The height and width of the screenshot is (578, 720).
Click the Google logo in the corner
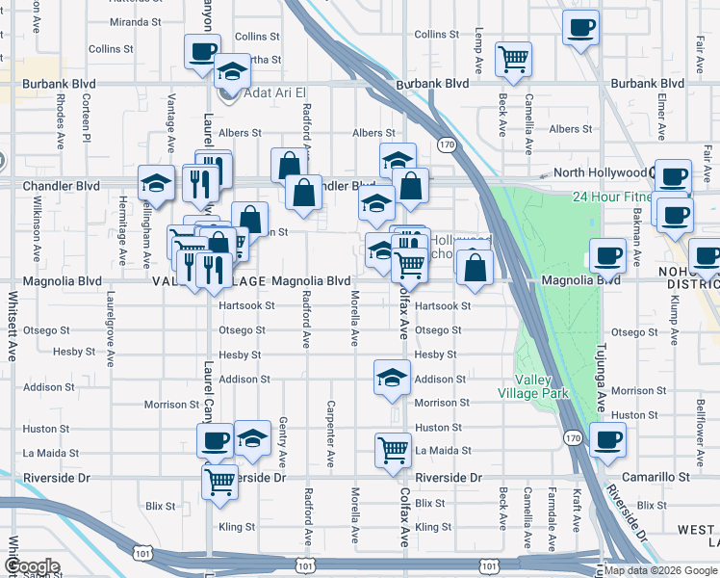pyautogui.click(x=31, y=566)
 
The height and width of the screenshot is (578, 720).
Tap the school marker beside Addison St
pyautogui.click(x=392, y=378)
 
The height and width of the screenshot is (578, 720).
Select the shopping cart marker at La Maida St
pyautogui.click(x=393, y=448)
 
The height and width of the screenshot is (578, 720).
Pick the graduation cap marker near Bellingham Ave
pyautogui.click(x=155, y=182)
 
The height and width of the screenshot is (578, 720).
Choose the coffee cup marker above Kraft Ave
pyautogui.click(x=607, y=438)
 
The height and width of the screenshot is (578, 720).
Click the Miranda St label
pyautogui.click(x=134, y=21)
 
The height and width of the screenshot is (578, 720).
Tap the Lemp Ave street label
pyautogui.click(x=478, y=52)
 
